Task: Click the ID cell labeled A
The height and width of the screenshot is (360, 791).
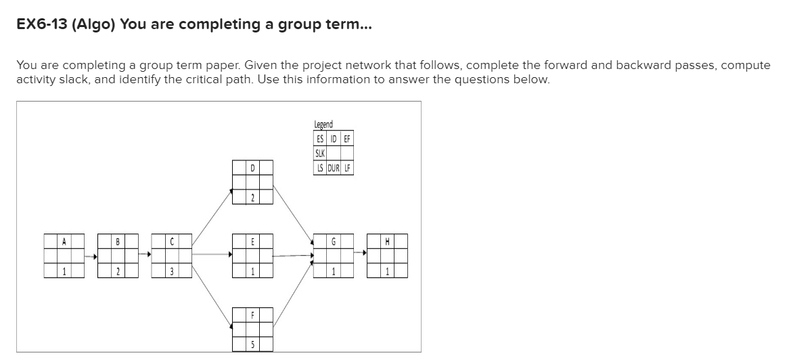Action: tap(64, 241)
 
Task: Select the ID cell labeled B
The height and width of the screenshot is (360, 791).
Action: tap(118, 241)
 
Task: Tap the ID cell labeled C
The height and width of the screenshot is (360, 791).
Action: tap(172, 241)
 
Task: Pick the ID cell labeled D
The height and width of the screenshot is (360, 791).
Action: tap(252, 166)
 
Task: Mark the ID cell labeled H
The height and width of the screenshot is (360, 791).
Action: tap(387, 241)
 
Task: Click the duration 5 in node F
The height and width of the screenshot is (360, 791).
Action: tap(252, 345)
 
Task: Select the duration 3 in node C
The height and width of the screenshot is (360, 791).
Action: tap(172, 271)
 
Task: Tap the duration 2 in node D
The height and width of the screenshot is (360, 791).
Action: tap(252, 197)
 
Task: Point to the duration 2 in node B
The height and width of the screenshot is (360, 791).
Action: tap(118, 271)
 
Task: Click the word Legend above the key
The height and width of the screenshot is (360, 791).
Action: tap(323, 124)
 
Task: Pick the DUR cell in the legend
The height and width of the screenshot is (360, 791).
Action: tap(334, 167)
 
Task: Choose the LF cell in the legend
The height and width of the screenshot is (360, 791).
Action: tap(347, 167)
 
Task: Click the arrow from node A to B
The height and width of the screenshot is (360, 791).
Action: tap(90, 256)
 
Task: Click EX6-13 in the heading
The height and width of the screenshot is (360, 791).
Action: tap(41, 25)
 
